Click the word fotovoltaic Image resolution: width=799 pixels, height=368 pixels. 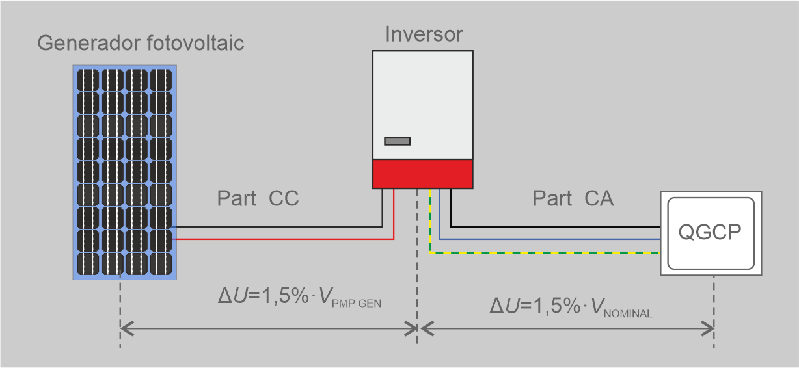pyautogui.click(x=195, y=43)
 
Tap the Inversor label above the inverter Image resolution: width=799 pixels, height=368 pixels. pyautogui.click(x=424, y=34)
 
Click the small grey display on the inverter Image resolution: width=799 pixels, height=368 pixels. pyautogui.click(x=398, y=141)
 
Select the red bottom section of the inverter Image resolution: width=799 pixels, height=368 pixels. pyautogui.click(x=423, y=174)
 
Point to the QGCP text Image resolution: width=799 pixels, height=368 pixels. pyautogui.click(x=710, y=232)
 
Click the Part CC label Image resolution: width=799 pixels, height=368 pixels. pyautogui.click(x=258, y=198)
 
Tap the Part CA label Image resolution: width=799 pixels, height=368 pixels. pyautogui.click(x=573, y=198)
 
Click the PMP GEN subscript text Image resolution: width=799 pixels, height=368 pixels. pyautogui.click(x=357, y=304)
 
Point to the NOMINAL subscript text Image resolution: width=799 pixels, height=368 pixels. pyautogui.click(x=628, y=314)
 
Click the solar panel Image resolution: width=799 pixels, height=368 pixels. pyautogui.click(x=124, y=172)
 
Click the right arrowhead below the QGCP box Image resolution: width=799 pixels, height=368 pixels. pyautogui.click(x=707, y=328)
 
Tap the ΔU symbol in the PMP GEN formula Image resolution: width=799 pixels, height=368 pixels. pyautogui.click(x=232, y=296)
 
